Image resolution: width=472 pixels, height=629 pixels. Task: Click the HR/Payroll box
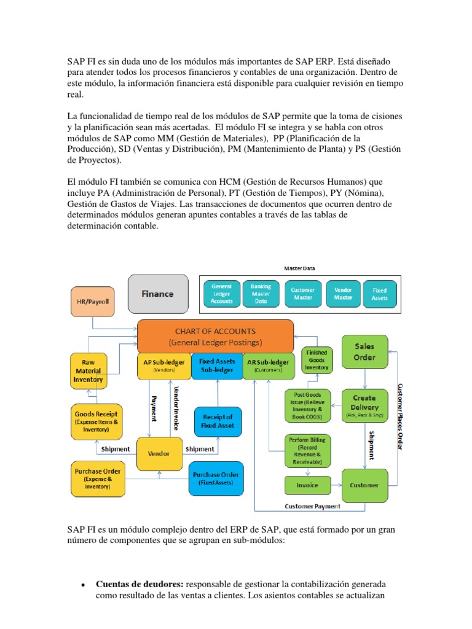click(x=92, y=301)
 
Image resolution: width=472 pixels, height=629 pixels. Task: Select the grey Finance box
click(x=158, y=294)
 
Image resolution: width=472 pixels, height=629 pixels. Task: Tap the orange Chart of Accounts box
click(x=214, y=336)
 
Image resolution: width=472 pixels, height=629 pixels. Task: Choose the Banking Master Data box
click(x=261, y=294)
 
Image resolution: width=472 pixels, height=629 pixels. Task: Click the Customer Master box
click(x=302, y=294)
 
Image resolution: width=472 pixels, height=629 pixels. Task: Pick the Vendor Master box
click(x=344, y=294)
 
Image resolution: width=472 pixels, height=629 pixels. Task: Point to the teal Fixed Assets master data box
click(x=380, y=294)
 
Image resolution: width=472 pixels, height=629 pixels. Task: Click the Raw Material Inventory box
click(x=88, y=371)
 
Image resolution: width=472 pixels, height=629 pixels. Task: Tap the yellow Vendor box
click(x=159, y=454)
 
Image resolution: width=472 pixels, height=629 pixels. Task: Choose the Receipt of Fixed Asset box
click(x=218, y=421)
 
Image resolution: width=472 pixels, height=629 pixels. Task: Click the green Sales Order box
click(x=364, y=352)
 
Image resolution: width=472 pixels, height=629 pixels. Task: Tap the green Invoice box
click(x=307, y=485)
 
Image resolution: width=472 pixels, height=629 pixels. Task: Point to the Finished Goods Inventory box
click(x=317, y=360)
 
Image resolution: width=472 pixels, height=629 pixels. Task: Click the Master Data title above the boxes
click(x=299, y=268)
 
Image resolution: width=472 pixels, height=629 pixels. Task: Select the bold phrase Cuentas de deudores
click(x=139, y=584)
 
